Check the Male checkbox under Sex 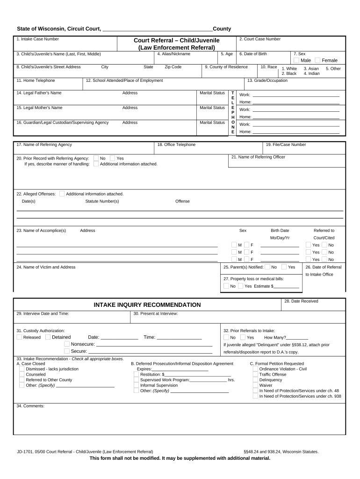point(296,60)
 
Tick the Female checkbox point(318,60)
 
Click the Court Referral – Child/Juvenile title point(176,40)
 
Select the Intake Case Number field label point(37,39)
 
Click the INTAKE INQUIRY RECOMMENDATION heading point(147,305)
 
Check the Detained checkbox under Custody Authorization point(48,337)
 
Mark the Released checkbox point(19,337)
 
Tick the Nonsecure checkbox point(67,344)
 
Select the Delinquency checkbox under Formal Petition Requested point(255,380)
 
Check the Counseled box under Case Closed point(22,374)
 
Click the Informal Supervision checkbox point(136,385)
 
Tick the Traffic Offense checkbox point(255,374)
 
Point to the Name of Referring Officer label point(258,157)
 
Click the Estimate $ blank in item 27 point(286,286)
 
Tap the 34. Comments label point(30,406)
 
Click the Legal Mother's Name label point(39,108)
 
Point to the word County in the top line point(222,29)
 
